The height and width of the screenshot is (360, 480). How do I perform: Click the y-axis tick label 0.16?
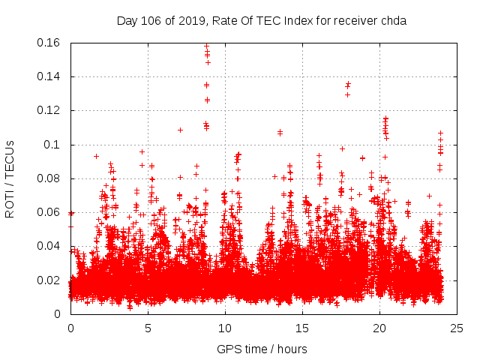(49, 43)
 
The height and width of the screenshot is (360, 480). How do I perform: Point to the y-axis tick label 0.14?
(49, 76)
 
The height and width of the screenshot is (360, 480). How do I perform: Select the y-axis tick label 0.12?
(49, 110)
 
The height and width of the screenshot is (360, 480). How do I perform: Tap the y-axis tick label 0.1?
(55, 145)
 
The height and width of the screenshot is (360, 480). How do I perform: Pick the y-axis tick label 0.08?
(49, 178)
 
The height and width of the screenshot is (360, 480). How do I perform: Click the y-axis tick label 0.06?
(49, 212)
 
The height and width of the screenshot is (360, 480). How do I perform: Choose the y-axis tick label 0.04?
(49, 246)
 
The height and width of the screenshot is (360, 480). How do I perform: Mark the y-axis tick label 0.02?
(49, 280)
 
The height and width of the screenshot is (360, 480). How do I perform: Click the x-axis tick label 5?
(148, 328)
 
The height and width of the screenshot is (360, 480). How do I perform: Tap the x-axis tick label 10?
(225, 328)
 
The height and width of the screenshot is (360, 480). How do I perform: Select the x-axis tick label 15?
(302, 328)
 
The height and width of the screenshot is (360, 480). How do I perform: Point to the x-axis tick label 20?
(379, 328)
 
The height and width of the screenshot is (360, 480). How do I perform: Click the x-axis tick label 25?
(457, 328)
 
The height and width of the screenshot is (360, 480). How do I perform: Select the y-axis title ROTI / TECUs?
(10, 178)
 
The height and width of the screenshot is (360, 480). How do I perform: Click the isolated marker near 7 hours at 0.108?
(180, 130)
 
